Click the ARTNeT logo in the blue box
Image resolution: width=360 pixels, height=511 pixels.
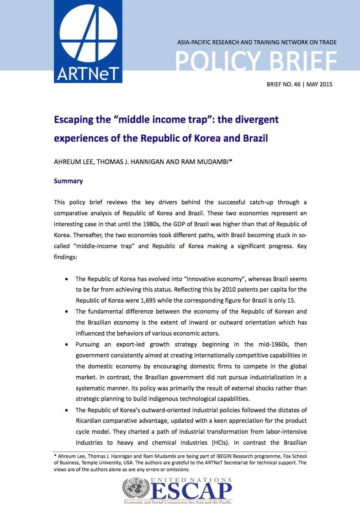point(88,41)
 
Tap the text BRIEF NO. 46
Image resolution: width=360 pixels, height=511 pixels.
point(281,85)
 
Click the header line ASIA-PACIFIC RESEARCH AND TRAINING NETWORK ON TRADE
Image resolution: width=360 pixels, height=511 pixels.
point(257,42)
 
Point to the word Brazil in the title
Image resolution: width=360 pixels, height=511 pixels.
point(255,138)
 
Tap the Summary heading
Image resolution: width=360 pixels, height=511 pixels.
point(68,181)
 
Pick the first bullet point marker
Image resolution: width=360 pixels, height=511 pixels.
point(68,278)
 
